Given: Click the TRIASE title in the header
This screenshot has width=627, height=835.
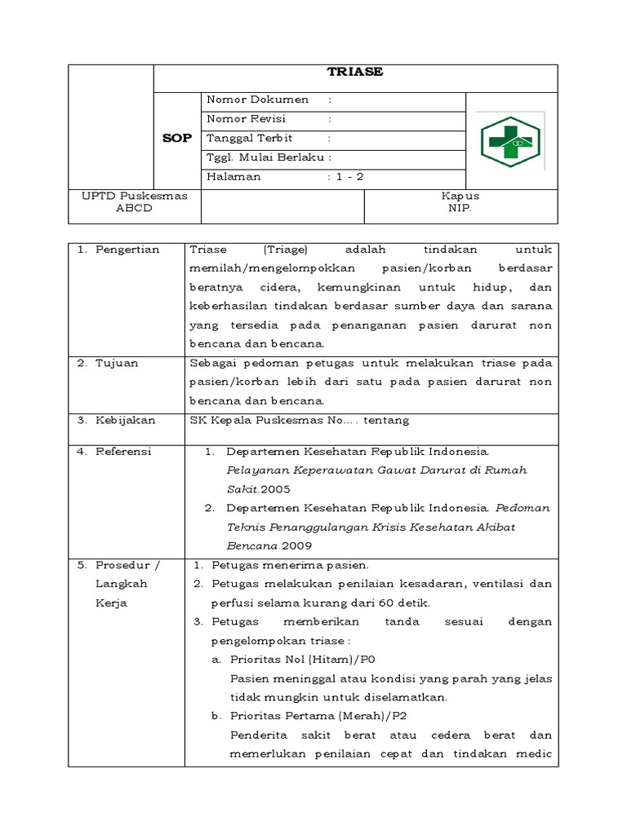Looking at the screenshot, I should (x=355, y=72).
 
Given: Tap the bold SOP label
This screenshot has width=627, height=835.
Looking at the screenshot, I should (x=176, y=139).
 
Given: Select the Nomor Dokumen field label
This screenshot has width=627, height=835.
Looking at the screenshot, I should (x=258, y=100).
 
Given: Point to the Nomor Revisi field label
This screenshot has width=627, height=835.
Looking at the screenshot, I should (x=251, y=119).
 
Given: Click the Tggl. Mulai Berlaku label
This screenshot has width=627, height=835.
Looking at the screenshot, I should (x=266, y=157).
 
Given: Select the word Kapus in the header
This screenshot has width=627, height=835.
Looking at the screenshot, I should (x=460, y=196).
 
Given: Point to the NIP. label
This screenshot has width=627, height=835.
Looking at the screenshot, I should (x=460, y=208).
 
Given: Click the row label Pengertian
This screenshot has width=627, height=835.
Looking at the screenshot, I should (x=129, y=250).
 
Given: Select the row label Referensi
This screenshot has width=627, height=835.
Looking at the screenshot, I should (x=125, y=451).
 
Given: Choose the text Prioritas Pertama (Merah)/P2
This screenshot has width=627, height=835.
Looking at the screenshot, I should (x=318, y=716).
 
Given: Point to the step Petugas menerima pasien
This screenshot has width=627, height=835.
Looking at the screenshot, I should (x=291, y=564).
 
